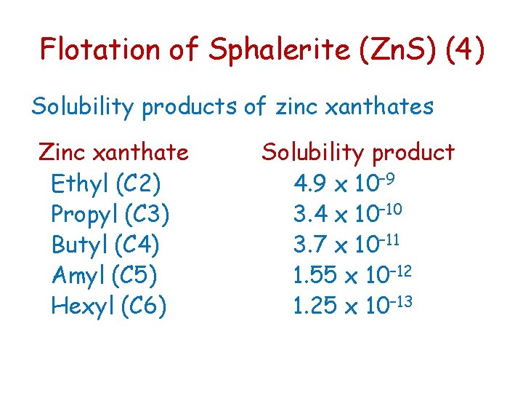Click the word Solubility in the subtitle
[83, 108]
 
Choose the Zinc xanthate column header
[113, 153]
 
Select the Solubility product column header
[357, 153]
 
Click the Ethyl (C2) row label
[106, 183]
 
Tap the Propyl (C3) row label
[110, 214]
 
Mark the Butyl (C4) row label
[105, 245]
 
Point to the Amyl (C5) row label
[105, 275]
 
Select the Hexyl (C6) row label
[109, 306]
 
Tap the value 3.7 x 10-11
[348, 244]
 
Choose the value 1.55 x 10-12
[353, 274]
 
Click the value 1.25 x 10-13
[353, 305]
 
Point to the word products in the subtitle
[192, 108]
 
